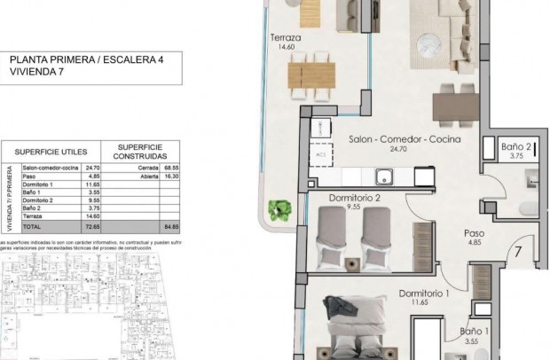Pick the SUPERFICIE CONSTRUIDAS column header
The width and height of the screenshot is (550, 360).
tap(138, 150)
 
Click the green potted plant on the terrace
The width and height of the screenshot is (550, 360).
tap(280, 210)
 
